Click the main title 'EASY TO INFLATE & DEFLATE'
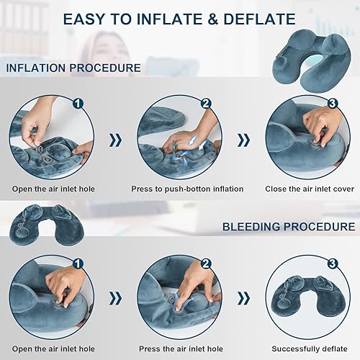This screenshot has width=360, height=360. click(179, 19)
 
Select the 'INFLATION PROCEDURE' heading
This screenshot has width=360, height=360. click(73, 68)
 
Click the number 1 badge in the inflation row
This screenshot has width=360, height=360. click(78, 104)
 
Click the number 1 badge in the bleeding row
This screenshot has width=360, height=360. click(78, 264)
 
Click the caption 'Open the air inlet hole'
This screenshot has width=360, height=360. click(53, 189)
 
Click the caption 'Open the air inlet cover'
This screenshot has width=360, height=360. click(53, 348)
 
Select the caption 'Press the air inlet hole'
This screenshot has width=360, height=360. click(179, 348)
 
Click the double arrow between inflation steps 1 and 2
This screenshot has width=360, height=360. click(116, 140)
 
